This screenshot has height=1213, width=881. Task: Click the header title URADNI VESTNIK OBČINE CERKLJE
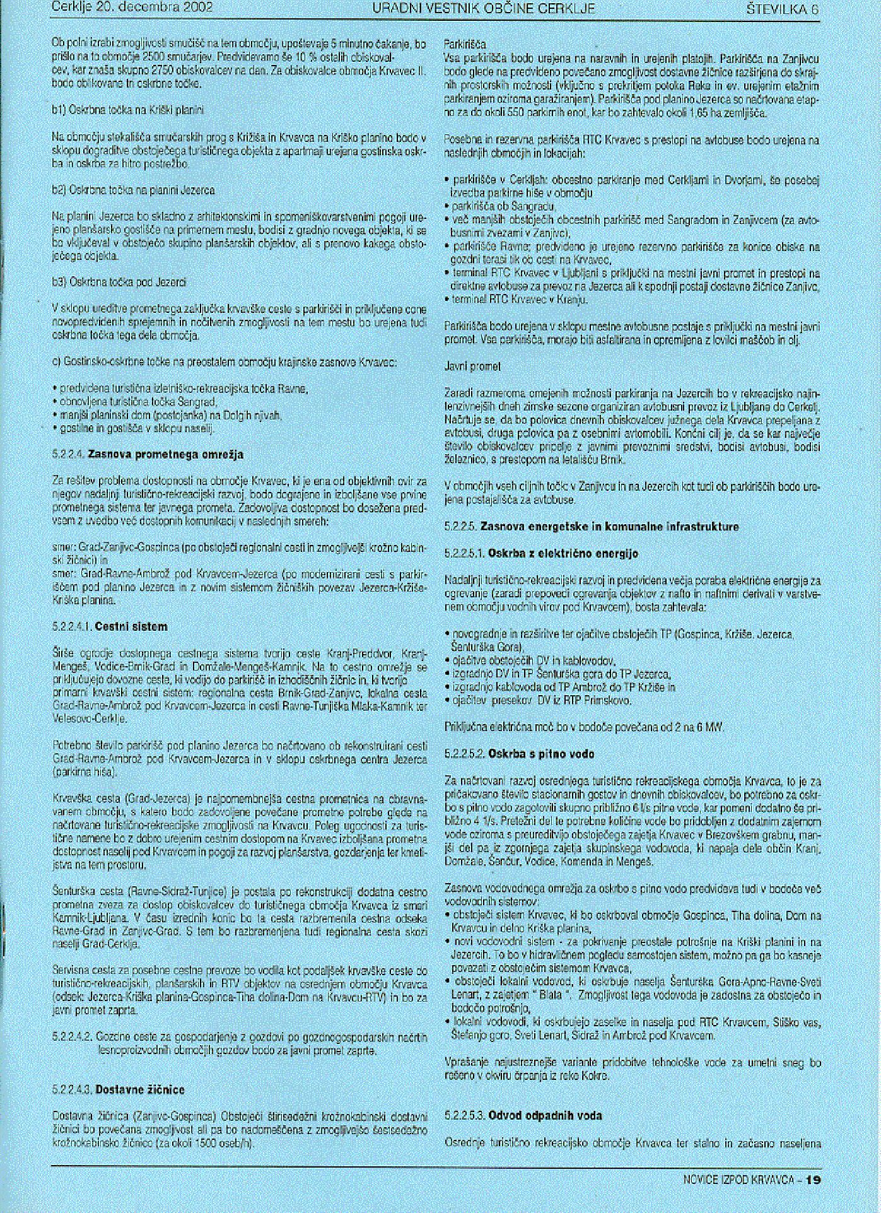click(484, 9)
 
